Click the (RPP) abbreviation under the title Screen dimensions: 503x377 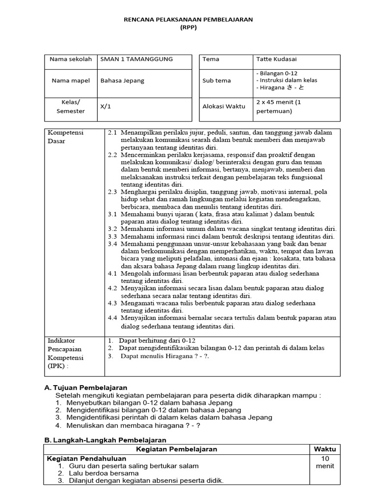click(x=188, y=28)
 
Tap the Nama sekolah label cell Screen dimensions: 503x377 click(x=71, y=59)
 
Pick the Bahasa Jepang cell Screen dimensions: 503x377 click(x=122, y=81)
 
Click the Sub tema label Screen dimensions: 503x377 click(x=216, y=81)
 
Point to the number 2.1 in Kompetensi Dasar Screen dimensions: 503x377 click(x=112, y=133)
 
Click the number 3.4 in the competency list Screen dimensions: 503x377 click(x=112, y=244)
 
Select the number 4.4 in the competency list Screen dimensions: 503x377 click(x=112, y=317)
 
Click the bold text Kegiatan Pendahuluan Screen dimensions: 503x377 click(x=86, y=458)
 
